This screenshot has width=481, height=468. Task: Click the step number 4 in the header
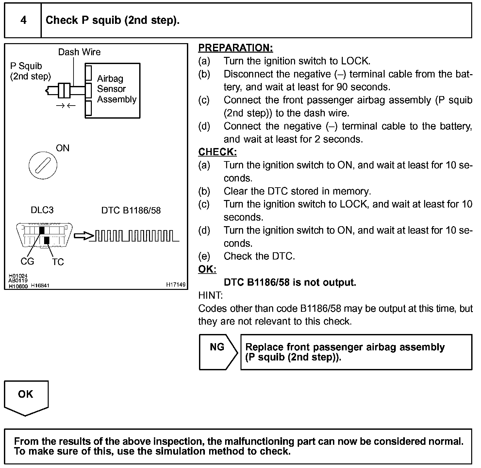click(23, 20)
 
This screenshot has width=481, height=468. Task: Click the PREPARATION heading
click(235, 48)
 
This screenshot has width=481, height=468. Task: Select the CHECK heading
click(217, 152)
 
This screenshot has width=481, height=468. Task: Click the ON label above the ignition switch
click(62, 148)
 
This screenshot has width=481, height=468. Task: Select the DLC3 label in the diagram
click(42, 210)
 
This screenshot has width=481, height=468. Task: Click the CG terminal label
click(27, 261)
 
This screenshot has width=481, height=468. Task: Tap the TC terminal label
click(58, 262)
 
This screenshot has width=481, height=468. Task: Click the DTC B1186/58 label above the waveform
click(131, 210)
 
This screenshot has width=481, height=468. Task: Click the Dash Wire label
click(79, 52)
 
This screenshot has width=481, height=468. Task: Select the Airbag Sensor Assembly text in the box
click(116, 89)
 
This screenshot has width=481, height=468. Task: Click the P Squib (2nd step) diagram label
click(30, 71)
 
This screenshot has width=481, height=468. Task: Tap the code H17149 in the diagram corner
click(175, 285)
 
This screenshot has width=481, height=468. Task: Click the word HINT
click(210, 295)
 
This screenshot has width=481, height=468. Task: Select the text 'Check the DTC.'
click(259, 256)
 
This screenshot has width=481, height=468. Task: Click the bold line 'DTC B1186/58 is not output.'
click(290, 282)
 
